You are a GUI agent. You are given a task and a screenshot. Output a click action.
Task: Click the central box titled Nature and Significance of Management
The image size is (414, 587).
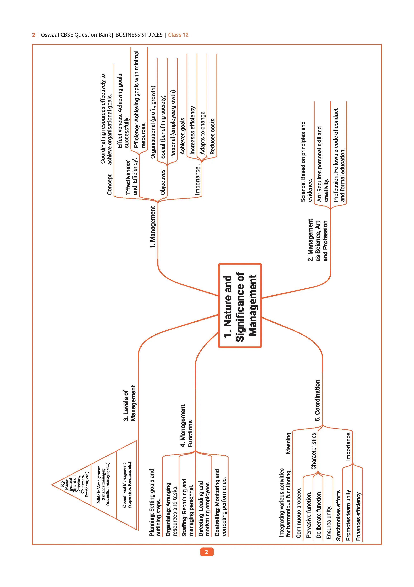coord(240,306)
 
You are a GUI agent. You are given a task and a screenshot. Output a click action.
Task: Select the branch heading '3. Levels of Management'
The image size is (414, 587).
coord(130,403)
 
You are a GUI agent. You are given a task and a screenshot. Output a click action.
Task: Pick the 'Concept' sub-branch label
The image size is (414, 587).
coord(110,185)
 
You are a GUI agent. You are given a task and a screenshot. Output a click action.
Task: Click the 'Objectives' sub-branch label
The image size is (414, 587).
coord(163,182)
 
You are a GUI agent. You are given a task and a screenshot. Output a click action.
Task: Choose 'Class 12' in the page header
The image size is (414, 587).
coord(178,35)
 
